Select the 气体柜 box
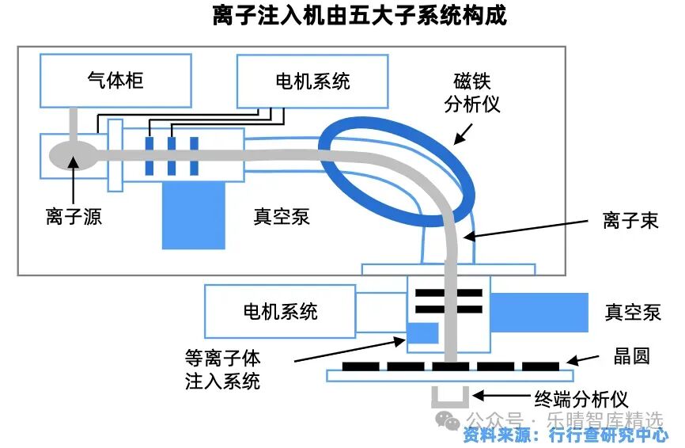coord(115,81)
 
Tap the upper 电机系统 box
coord(312,81)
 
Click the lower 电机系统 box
coord(280,311)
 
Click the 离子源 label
coord(74,216)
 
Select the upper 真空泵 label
coord(282,216)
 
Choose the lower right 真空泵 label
coord(633,312)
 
